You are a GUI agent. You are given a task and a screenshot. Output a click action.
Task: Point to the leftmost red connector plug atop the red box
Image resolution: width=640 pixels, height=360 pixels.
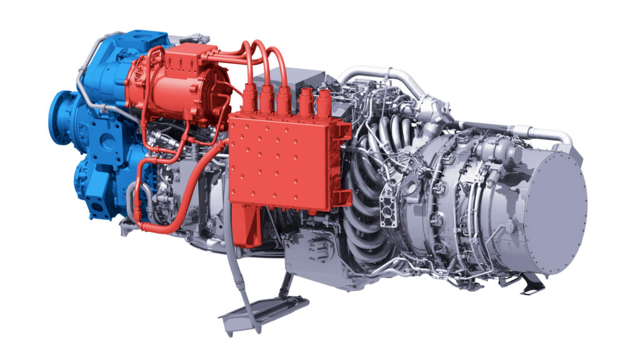tap(248, 100)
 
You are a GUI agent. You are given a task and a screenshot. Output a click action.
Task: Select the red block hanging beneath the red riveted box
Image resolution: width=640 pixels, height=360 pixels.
tap(246, 225)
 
